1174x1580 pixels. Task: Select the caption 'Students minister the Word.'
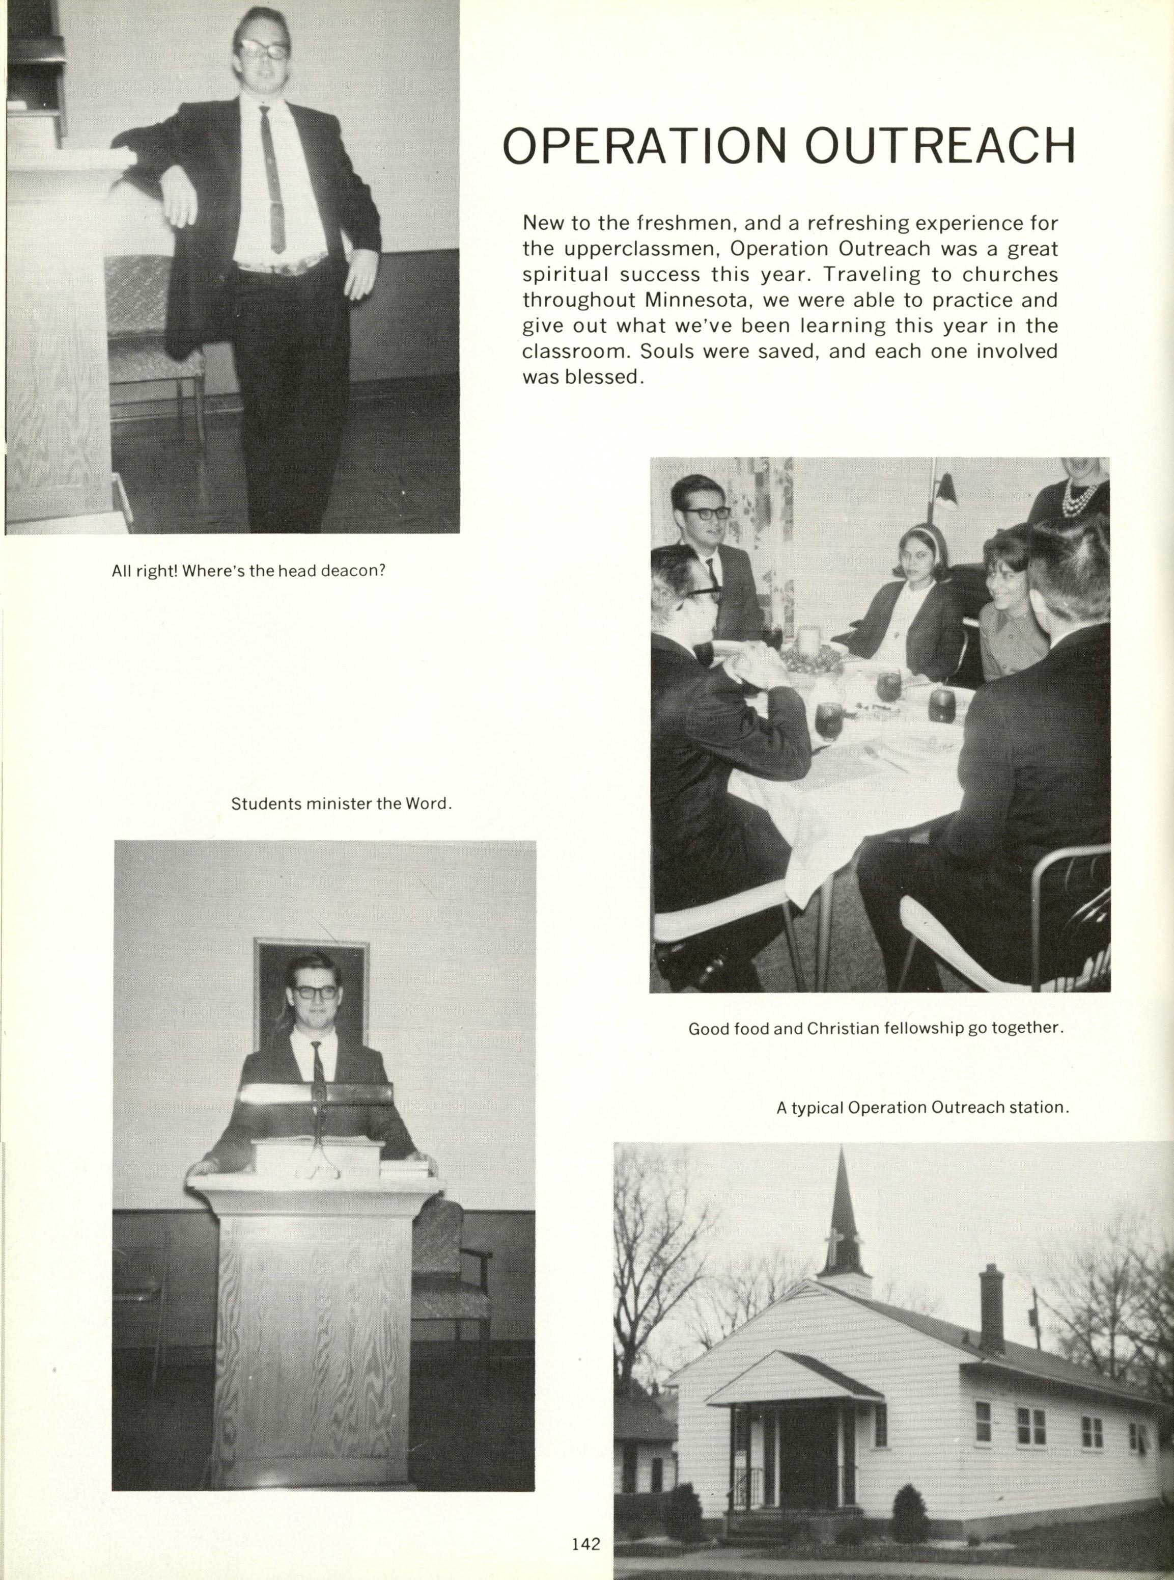pyautogui.click(x=342, y=804)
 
